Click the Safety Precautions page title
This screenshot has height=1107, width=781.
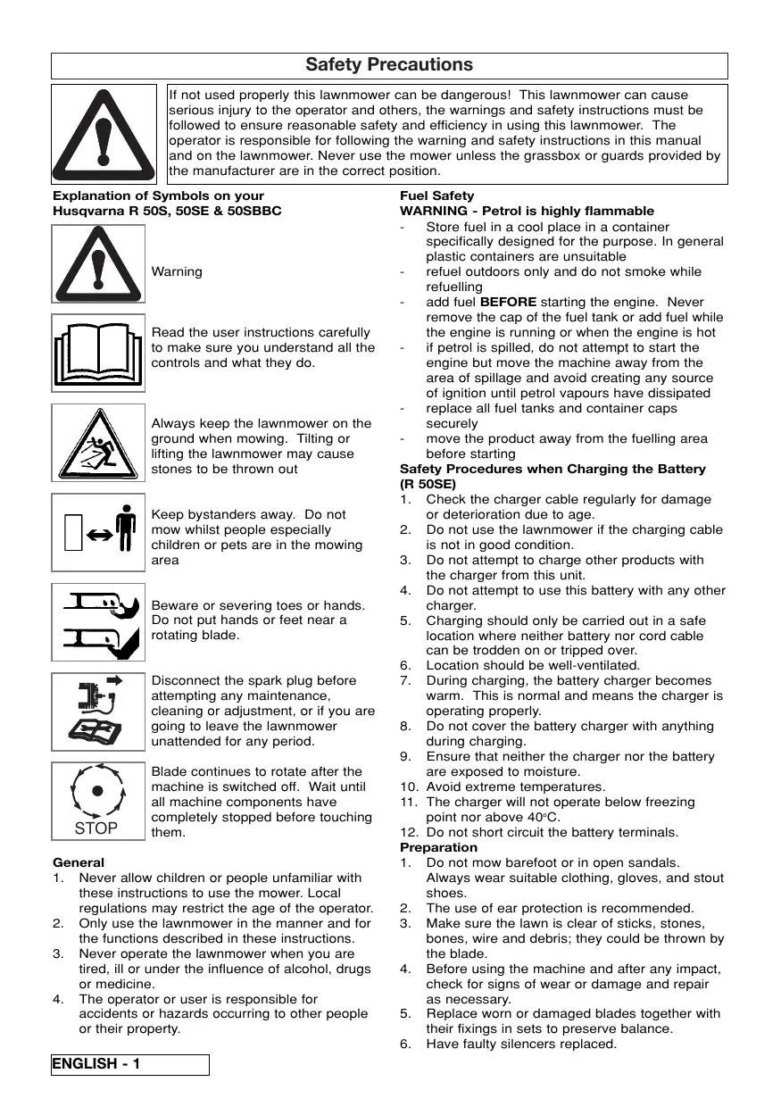(389, 65)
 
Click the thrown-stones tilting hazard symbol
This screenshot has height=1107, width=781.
(97, 443)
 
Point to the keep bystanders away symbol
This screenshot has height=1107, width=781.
(97, 533)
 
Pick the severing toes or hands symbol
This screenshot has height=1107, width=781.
(97, 622)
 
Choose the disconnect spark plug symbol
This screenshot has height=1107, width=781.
(97, 712)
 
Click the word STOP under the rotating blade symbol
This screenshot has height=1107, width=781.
(96, 828)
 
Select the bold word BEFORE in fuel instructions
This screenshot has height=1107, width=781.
(508, 302)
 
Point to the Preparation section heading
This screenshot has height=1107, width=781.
(438, 847)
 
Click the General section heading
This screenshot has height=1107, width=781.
(79, 862)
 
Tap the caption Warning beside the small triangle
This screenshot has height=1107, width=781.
(177, 271)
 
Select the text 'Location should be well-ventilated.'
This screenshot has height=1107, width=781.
(533, 665)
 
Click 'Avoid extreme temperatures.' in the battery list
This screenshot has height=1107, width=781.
(515, 787)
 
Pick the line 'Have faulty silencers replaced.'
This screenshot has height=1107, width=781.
(521, 1044)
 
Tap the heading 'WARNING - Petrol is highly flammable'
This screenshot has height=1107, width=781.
(527, 211)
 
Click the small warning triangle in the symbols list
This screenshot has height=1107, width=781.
(97, 264)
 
